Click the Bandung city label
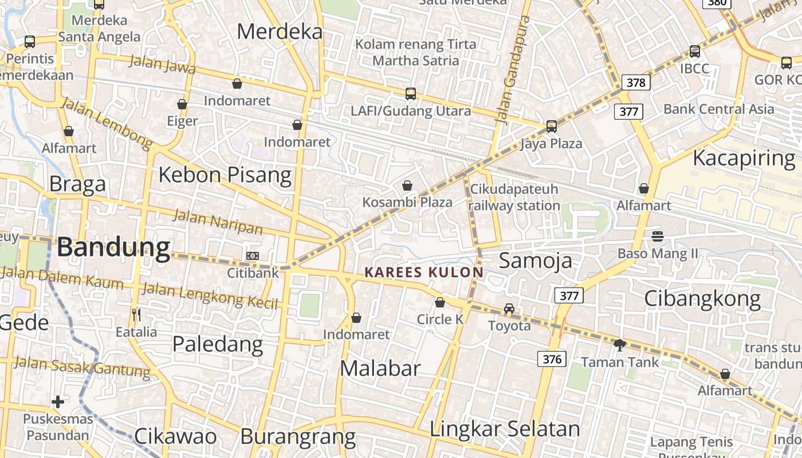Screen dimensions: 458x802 tap(113, 247)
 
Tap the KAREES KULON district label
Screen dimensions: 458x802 tap(424, 272)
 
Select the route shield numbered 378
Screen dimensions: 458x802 tap(636, 82)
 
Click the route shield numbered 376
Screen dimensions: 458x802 tap(552, 359)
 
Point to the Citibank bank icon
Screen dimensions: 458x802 tap(252, 256)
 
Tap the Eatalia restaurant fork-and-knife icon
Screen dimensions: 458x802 tap(136, 314)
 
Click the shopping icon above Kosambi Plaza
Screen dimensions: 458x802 tap(407, 185)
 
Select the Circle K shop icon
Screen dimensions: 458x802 tap(440, 302)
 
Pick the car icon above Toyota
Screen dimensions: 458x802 tap(509, 309)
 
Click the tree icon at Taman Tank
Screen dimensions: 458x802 tap(619, 345)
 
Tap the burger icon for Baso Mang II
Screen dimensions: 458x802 tap(658, 236)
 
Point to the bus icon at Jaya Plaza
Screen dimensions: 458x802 tap(551, 127)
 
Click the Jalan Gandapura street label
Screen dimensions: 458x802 tap(513, 70)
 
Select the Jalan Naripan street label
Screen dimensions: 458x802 tap(218, 222)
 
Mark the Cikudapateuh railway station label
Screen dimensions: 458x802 tap(514, 198)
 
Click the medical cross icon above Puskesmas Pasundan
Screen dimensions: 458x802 tap(58, 402)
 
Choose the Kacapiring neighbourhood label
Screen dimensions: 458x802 tap(744, 158)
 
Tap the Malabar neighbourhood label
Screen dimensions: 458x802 tap(380, 368)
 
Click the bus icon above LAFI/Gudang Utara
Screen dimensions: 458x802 tap(410, 94)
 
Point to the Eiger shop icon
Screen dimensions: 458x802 tap(182, 104)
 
